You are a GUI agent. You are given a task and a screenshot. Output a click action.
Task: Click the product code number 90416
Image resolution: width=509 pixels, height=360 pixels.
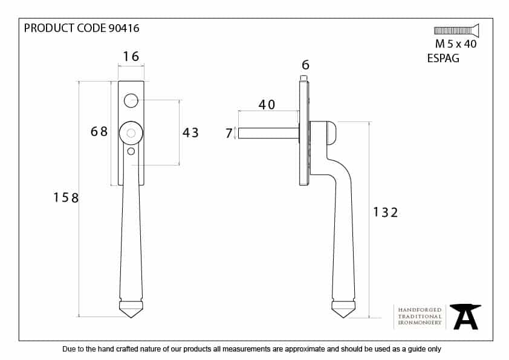tap(124, 28)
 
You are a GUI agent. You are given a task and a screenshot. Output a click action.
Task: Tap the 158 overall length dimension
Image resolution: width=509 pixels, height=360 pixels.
tap(66, 198)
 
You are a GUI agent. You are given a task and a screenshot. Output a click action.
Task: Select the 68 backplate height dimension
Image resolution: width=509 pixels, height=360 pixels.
tap(99, 131)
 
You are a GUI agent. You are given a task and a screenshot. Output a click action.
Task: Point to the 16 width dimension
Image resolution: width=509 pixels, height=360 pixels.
tap(131, 56)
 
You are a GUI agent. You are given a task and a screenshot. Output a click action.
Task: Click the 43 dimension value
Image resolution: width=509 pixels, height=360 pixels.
tap(190, 132)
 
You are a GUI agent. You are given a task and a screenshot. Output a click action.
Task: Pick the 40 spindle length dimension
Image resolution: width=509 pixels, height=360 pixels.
tap(267, 104)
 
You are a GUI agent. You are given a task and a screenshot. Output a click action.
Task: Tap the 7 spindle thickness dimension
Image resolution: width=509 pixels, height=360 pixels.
tap(229, 133)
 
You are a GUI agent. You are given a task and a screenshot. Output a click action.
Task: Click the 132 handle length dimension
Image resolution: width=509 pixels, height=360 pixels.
tap(385, 213)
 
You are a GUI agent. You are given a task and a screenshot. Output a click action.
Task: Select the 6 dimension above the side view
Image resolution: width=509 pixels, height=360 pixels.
tap(305, 65)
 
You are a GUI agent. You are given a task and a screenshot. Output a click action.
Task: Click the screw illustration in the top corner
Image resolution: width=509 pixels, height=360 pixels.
tap(456, 30)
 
